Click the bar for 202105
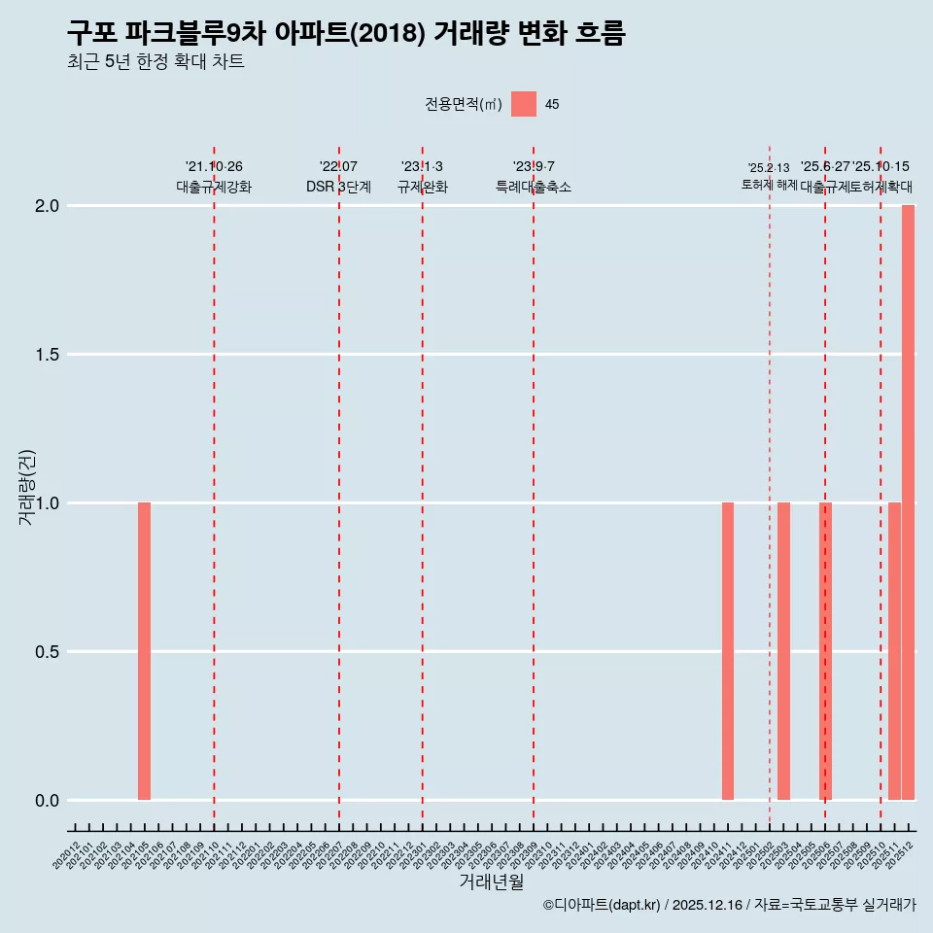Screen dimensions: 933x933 pos(144,651)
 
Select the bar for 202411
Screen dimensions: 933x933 pos(728,651)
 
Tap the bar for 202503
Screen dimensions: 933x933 pos(783,651)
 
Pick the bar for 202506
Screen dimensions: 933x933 pos(825,651)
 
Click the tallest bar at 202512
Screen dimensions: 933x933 pos(908,502)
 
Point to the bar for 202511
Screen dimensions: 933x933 pos(894,651)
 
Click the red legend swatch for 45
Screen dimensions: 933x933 pos(524,104)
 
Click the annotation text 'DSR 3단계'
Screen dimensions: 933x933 pos(338,187)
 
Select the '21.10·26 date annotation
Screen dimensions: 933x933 pos(214,167)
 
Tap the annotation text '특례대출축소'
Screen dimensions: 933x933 pos(534,187)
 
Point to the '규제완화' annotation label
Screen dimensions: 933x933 pos(422,187)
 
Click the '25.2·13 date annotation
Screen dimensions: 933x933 pos(769,168)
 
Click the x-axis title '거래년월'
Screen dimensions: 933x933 pos(491,882)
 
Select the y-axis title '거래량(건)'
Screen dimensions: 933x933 pos(27,487)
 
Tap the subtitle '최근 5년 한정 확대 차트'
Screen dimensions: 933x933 pos(155,62)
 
